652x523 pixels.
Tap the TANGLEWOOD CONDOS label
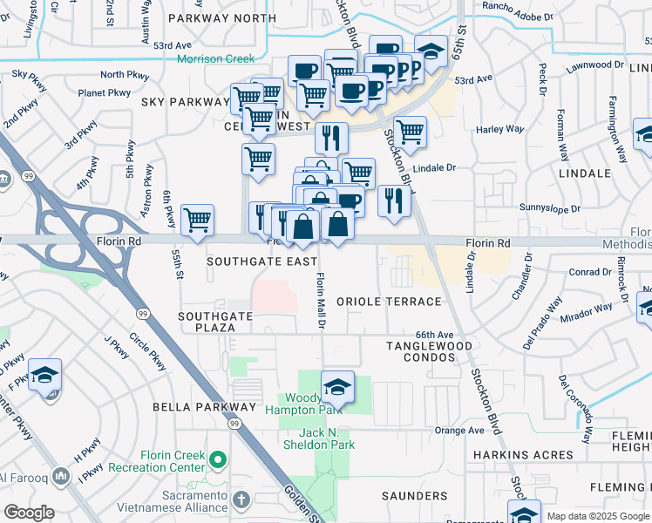tap(430, 353)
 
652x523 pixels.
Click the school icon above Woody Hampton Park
tap(337, 385)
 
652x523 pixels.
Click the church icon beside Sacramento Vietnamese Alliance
tap(241, 502)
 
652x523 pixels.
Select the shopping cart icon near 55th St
tap(198, 220)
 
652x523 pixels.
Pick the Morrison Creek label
tap(215, 59)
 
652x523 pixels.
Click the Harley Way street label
tap(500, 130)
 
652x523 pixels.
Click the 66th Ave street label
tap(435, 335)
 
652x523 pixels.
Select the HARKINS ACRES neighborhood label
tap(523, 455)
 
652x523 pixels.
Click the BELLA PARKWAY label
tap(204, 407)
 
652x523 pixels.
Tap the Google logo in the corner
tap(28, 513)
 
